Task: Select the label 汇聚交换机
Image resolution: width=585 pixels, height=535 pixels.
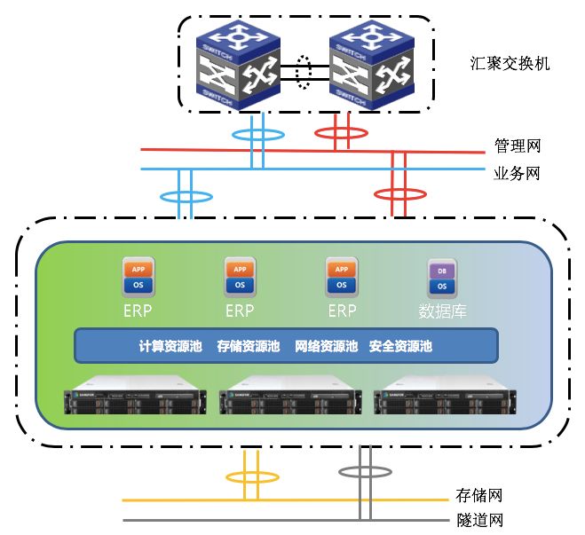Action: [x=510, y=64]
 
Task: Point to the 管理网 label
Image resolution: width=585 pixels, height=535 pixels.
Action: [x=517, y=146]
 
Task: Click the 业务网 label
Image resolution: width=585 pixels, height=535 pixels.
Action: [x=517, y=173]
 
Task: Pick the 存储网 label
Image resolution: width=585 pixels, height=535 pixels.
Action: [x=479, y=495]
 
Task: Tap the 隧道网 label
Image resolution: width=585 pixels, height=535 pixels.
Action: [x=479, y=520]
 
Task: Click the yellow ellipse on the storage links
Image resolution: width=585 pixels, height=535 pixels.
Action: [x=251, y=477]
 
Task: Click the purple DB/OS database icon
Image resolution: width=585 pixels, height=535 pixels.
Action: [x=440, y=278]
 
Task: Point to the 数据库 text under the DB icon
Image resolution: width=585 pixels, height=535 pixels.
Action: [x=442, y=311]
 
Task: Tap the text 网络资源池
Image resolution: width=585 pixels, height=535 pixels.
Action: [x=325, y=346]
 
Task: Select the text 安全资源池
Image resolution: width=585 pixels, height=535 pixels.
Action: [x=400, y=346]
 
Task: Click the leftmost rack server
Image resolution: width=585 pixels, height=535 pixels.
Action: [x=137, y=399]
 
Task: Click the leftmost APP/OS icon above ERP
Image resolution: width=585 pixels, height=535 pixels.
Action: [x=138, y=278]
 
